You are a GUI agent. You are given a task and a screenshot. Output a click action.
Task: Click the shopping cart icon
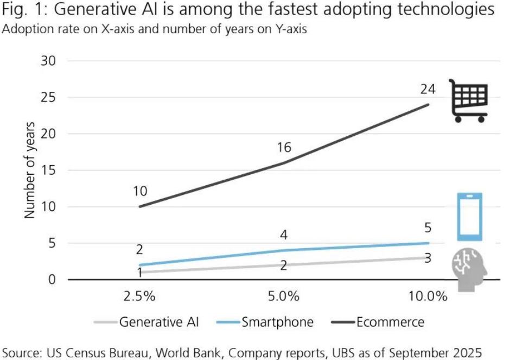[x=468, y=100]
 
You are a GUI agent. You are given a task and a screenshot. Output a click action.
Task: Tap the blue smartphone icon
[x=469, y=217]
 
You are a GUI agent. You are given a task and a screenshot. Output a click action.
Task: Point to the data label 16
[x=284, y=147]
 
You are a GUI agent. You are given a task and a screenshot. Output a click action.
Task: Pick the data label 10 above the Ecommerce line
[x=139, y=191]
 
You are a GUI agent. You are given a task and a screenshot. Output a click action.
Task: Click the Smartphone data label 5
[x=428, y=228]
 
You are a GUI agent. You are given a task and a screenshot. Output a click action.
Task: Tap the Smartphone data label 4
[x=284, y=236]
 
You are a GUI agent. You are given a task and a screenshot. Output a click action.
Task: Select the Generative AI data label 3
[x=428, y=258]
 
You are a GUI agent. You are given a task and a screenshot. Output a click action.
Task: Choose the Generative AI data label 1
[x=139, y=273]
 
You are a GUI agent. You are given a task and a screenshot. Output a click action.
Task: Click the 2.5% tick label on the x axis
[x=139, y=297]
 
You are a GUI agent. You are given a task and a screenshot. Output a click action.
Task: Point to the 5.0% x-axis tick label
[x=284, y=297]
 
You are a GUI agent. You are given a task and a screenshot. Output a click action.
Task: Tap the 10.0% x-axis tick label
[x=428, y=297]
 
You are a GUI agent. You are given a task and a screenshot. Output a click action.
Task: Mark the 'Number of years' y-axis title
[x=30, y=170]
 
